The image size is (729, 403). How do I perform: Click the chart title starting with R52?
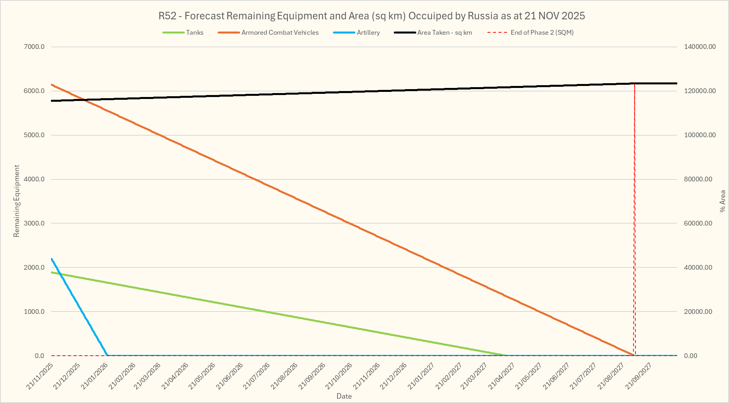click(372, 16)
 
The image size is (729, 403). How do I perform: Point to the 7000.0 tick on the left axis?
click(34, 47)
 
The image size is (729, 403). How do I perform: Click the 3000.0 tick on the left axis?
click(34, 224)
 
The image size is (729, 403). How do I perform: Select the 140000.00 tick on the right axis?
click(700, 47)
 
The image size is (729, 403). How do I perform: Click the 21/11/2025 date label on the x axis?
click(40, 376)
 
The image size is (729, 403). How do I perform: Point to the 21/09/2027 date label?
click(639, 376)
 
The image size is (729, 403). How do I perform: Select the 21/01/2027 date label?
click(421, 376)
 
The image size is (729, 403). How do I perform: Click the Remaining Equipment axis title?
click(17, 201)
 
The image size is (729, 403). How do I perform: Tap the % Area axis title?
click(723, 201)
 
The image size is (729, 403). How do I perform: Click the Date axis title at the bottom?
click(344, 396)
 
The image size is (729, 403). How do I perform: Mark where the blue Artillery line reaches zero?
click(107, 355)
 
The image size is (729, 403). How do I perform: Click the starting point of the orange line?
click(52, 84)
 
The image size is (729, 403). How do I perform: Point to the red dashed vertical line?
click(635, 217)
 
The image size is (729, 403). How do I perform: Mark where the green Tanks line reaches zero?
click(507, 355)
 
